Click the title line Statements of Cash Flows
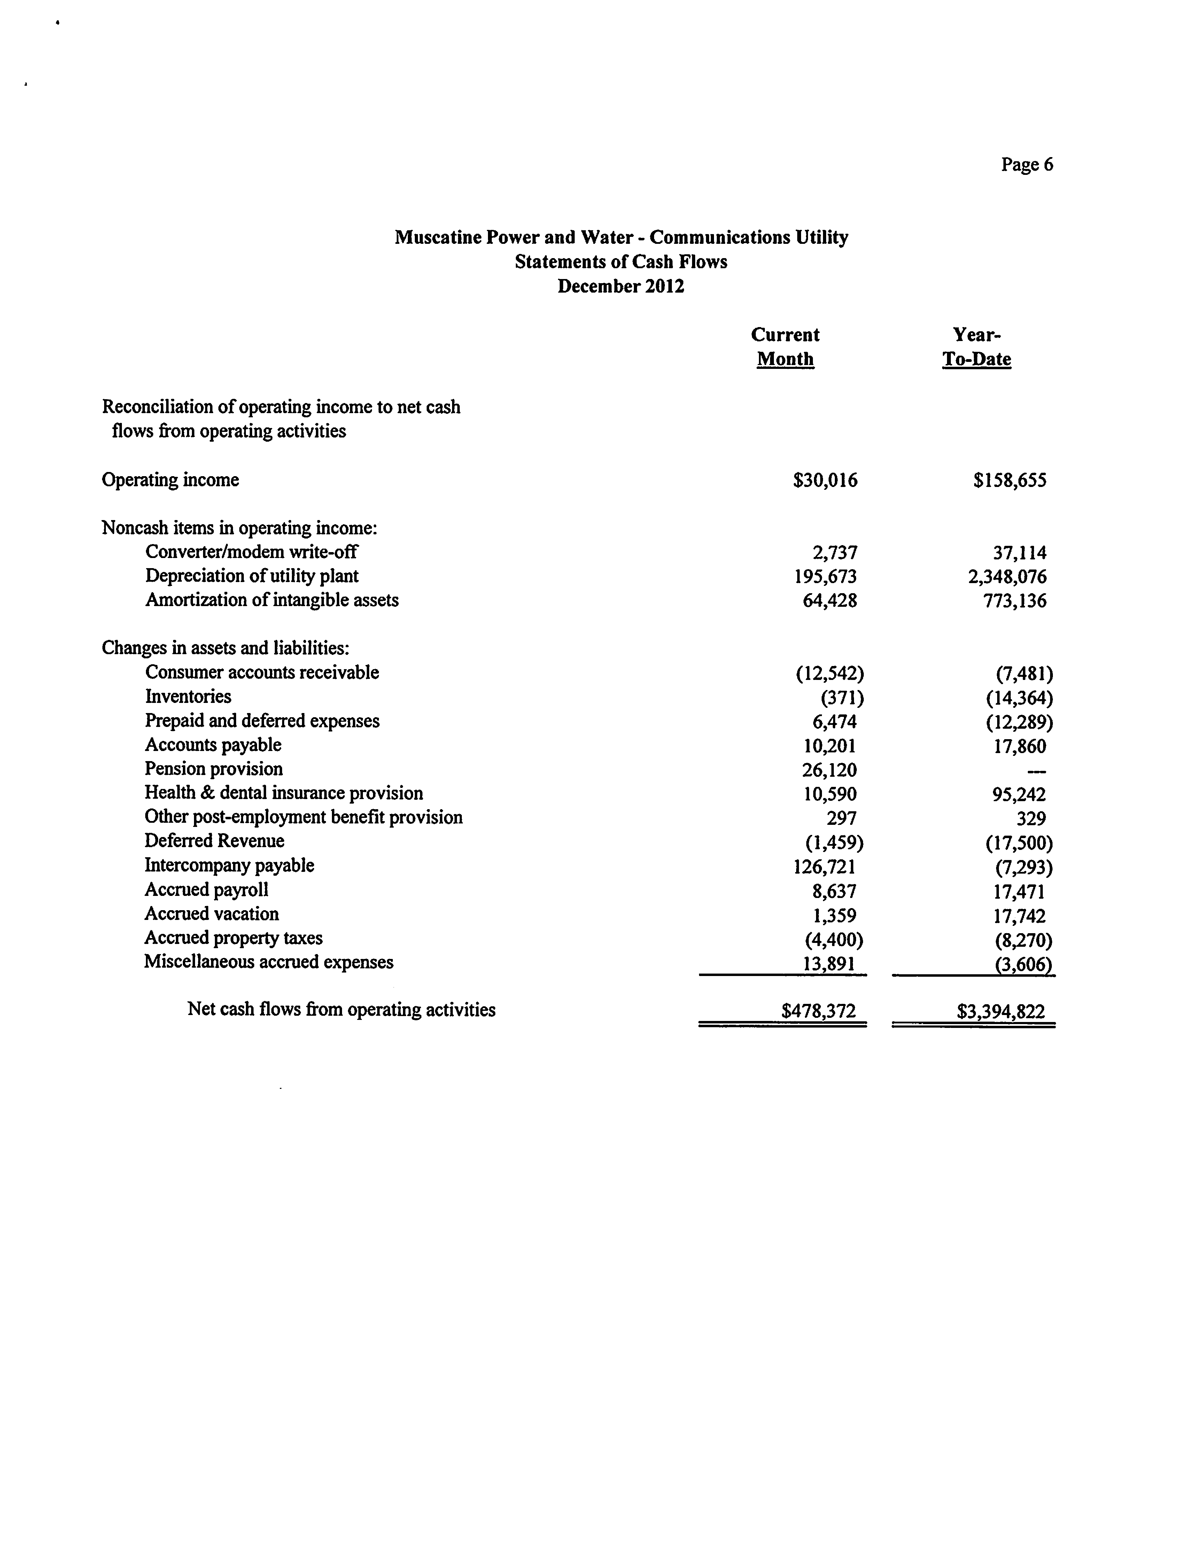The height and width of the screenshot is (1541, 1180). [621, 262]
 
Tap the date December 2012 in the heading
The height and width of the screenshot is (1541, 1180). [621, 287]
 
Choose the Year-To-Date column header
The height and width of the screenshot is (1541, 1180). [976, 347]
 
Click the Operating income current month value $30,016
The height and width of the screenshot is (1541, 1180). [825, 480]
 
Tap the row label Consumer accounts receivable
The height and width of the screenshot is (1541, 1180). [262, 673]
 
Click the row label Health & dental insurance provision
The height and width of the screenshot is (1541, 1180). [284, 793]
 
